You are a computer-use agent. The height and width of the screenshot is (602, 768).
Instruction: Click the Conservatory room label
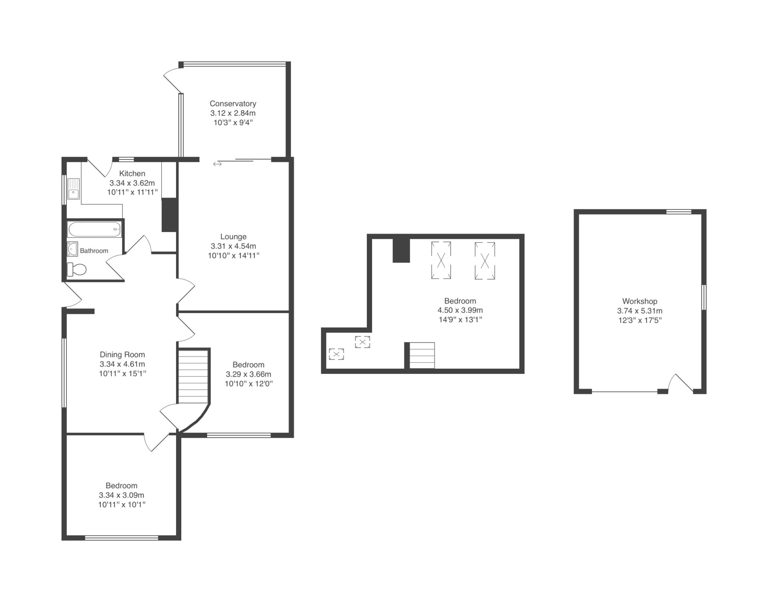pos(233,104)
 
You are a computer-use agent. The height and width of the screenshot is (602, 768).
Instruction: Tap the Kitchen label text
pos(132,174)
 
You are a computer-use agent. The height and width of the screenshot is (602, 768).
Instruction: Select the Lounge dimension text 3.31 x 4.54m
pos(234,246)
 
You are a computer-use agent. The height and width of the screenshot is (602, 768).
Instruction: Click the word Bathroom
pos(94,251)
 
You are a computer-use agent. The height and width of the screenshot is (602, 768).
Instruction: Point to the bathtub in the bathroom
pos(94,230)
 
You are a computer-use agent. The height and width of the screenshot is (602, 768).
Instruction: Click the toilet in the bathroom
pos(76,270)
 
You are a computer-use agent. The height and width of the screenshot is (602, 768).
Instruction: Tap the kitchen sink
pos(74,189)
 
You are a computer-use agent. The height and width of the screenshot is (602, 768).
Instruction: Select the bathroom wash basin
pos(72,249)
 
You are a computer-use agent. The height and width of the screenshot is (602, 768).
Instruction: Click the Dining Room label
pos(122,355)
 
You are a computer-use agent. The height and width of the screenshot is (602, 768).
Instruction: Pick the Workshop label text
pos(640,302)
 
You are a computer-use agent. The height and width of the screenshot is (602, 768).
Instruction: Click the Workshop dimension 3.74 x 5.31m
pos(640,311)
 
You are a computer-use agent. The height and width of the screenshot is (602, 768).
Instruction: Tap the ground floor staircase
pos(193,377)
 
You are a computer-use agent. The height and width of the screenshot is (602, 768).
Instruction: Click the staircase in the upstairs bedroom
pos(422,356)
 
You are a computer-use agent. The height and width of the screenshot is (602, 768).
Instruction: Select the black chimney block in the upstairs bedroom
pos(401,250)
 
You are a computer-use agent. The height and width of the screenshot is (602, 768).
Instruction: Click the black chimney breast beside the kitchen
pos(169,215)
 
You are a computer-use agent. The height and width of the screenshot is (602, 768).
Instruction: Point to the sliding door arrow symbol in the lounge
pos(217,164)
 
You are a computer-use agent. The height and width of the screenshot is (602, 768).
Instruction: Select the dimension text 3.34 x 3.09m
pos(122,495)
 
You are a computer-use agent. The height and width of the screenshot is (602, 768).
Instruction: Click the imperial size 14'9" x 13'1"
pos(460,320)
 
